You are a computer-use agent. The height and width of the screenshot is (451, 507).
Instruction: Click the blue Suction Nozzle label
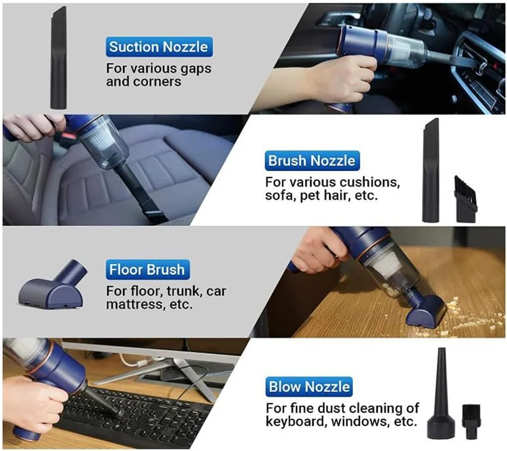[x=159, y=47]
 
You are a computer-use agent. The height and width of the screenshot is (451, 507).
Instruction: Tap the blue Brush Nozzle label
[x=312, y=161]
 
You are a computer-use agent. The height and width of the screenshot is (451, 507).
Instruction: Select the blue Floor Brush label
[x=147, y=269]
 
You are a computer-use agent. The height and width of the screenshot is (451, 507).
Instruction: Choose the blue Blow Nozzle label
[x=309, y=386]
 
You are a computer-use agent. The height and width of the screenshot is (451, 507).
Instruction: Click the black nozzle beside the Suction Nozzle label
[x=59, y=58]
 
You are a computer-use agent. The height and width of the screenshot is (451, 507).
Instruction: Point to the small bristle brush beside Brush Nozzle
[x=466, y=200]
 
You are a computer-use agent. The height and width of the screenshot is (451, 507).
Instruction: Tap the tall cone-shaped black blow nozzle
[x=441, y=394]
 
